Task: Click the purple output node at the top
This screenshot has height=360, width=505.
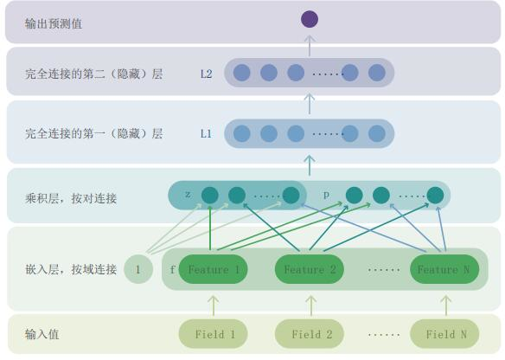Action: [x=310, y=19]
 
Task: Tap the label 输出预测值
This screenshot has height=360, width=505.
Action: [x=54, y=23]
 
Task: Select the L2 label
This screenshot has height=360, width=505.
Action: [x=206, y=74]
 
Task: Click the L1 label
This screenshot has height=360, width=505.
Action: [x=206, y=133]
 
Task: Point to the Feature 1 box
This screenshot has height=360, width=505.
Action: [x=214, y=269]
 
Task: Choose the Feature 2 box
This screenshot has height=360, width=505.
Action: [x=310, y=269]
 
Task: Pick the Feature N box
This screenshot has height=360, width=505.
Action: [x=444, y=269]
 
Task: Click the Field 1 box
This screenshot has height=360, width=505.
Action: [x=214, y=334]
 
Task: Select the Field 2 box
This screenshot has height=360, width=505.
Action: [x=310, y=334]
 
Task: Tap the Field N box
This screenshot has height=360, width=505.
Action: [x=444, y=334]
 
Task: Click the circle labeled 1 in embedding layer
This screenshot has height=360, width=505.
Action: [x=138, y=269]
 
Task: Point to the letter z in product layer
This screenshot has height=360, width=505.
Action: [x=188, y=195]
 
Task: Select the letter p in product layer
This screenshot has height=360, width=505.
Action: [x=326, y=195]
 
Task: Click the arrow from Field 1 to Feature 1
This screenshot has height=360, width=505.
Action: [x=214, y=305]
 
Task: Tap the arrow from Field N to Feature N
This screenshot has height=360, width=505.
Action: [x=446, y=305]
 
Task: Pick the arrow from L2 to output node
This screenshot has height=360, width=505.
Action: [x=310, y=46]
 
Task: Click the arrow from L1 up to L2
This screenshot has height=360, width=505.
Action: [x=310, y=104]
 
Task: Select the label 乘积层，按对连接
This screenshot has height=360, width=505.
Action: [x=71, y=198]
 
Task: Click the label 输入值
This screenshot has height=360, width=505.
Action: [x=42, y=334]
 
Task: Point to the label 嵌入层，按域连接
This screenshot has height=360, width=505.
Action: [x=71, y=269]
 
